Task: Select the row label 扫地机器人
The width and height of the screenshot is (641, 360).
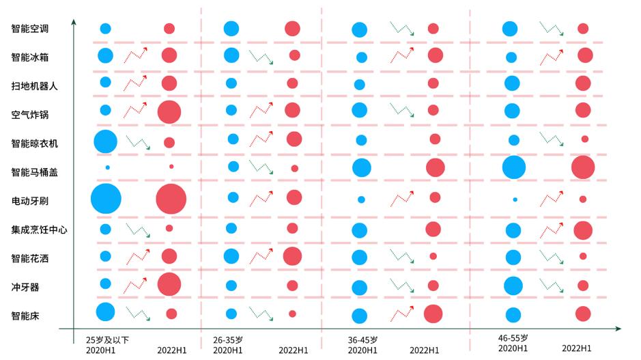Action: (35, 86)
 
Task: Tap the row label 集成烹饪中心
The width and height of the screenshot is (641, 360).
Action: (40, 230)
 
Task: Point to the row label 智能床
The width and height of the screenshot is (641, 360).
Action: (25, 316)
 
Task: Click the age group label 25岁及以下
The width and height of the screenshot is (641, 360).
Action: (107, 340)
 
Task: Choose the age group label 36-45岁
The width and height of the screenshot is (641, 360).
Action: (362, 340)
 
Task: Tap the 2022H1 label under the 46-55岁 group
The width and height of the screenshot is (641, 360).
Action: (576, 348)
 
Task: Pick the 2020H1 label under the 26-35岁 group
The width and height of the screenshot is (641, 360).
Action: (227, 350)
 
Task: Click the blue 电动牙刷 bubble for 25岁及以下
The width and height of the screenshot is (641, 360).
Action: (106, 199)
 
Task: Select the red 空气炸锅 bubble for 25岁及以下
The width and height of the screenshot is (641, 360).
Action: (169, 112)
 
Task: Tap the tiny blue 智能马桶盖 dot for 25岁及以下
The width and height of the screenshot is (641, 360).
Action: (107, 167)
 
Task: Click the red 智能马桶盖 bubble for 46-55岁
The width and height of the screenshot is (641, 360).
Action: (583, 167)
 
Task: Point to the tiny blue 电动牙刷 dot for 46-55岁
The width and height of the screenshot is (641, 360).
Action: (515, 199)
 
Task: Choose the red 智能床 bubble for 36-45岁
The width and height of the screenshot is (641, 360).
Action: (433, 314)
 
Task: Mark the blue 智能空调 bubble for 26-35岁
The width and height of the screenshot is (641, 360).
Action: (231, 29)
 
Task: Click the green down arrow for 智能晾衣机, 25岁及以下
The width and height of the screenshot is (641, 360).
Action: (138, 142)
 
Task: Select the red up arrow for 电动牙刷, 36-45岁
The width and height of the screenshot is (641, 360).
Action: (402, 199)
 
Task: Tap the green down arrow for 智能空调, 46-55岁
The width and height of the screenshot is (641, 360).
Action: (551, 29)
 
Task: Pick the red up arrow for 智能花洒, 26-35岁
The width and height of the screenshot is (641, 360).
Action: (261, 257)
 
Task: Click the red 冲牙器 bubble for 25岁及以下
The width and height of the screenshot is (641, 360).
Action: (169, 285)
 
